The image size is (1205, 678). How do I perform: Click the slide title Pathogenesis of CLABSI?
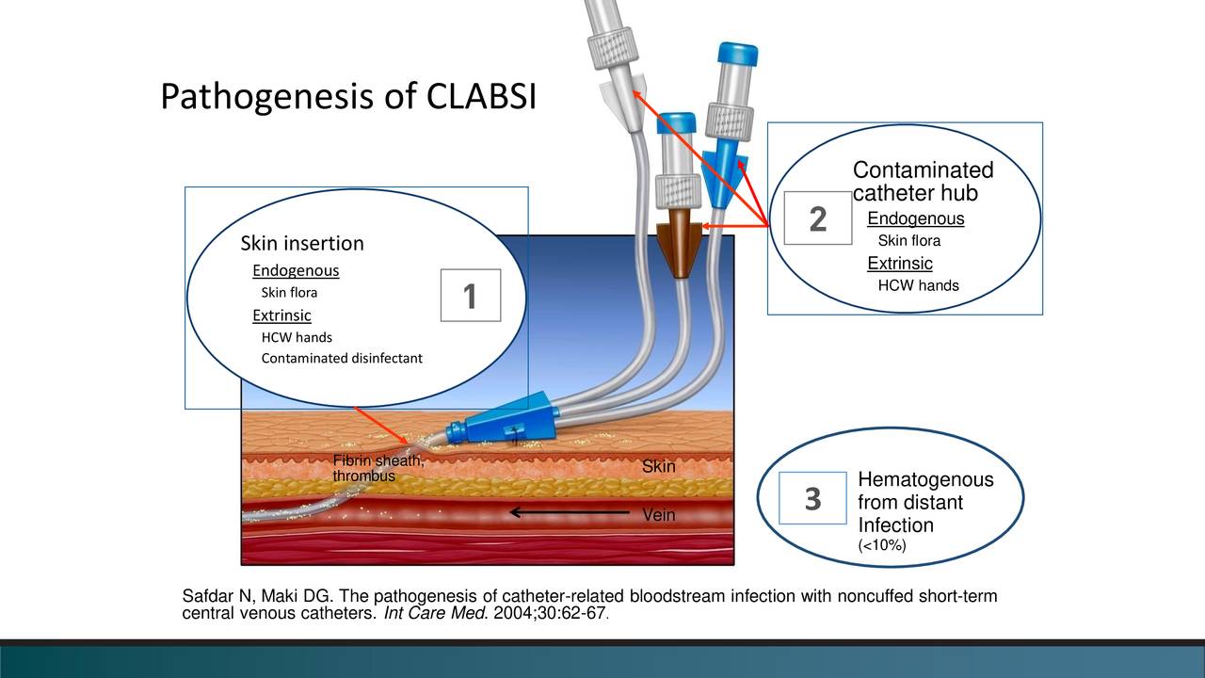click(x=347, y=97)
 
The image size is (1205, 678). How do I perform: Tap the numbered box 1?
click(x=470, y=297)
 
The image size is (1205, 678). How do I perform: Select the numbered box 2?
click(x=817, y=218)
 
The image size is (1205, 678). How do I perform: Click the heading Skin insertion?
click(x=301, y=244)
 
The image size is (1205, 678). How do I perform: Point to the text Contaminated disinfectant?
click(x=342, y=359)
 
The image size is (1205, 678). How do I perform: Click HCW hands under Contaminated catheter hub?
click(x=918, y=285)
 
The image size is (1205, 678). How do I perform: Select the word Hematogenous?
click(x=925, y=481)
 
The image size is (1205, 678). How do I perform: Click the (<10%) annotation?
click(x=881, y=546)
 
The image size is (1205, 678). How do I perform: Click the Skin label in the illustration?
click(x=658, y=467)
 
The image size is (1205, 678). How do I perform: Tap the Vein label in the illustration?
click(x=658, y=516)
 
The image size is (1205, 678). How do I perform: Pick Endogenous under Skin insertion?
click(x=295, y=271)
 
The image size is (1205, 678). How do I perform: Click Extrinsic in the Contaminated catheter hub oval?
click(x=899, y=263)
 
